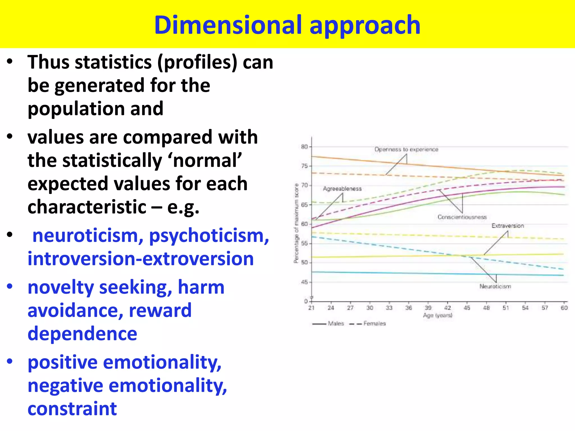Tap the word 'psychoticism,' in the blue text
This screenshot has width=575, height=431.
(x=209, y=236)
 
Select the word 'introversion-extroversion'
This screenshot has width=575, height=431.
(x=141, y=259)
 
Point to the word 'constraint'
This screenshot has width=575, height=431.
(x=72, y=409)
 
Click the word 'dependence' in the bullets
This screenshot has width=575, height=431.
(x=82, y=334)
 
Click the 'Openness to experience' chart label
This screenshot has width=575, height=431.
(x=406, y=150)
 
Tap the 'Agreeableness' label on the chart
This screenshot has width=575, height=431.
(x=342, y=189)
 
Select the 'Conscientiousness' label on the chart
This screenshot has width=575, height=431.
(x=462, y=217)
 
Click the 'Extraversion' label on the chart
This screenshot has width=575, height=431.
(x=507, y=226)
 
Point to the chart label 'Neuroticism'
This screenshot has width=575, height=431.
(x=495, y=286)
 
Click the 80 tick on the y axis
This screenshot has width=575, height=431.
(x=304, y=147)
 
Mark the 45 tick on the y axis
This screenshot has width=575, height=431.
(x=304, y=282)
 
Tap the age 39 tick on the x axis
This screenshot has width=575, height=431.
(x=428, y=308)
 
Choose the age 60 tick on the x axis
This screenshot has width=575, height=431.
(x=564, y=308)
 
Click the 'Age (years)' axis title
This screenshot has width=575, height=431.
(x=437, y=316)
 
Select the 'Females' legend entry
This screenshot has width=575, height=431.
(x=374, y=324)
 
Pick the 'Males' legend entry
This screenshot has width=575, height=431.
(x=336, y=324)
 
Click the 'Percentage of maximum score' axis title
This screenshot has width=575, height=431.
(x=296, y=223)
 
